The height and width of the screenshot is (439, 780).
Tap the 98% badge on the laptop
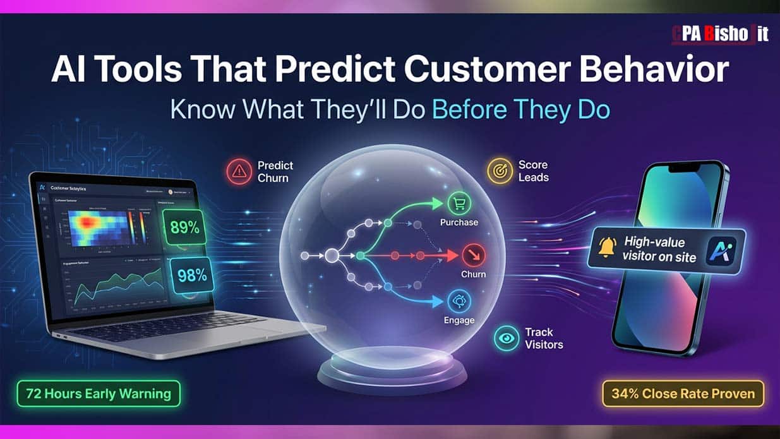pos(193,275)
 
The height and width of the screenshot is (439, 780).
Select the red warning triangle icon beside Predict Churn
pos(239,171)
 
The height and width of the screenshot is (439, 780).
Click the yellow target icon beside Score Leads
pos(500,171)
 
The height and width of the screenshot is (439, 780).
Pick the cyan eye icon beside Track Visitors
pos(507,338)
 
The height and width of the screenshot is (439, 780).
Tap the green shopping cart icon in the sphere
pos(459,203)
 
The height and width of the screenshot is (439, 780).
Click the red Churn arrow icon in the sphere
pos(472,256)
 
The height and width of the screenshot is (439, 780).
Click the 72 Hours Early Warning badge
pos(99,394)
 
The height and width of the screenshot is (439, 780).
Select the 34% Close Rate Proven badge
pos(683,394)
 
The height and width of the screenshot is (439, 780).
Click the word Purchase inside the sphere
pos(459,222)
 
